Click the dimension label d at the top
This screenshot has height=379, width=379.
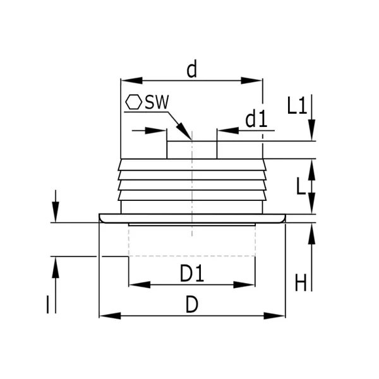[x=192, y=69]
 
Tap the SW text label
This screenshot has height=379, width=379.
[x=157, y=102]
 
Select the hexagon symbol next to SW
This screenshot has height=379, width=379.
[x=134, y=102]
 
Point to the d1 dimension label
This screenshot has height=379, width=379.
[x=256, y=119]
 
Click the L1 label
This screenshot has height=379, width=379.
[x=297, y=105]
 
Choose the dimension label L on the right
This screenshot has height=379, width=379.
[x=301, y=186]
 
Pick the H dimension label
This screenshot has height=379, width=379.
[x=301, y=282]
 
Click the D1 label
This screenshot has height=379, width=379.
[x=192, y=273]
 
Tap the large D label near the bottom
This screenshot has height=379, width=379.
[x=192, y=304]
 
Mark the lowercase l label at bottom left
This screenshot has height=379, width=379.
[x=47, y=305]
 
